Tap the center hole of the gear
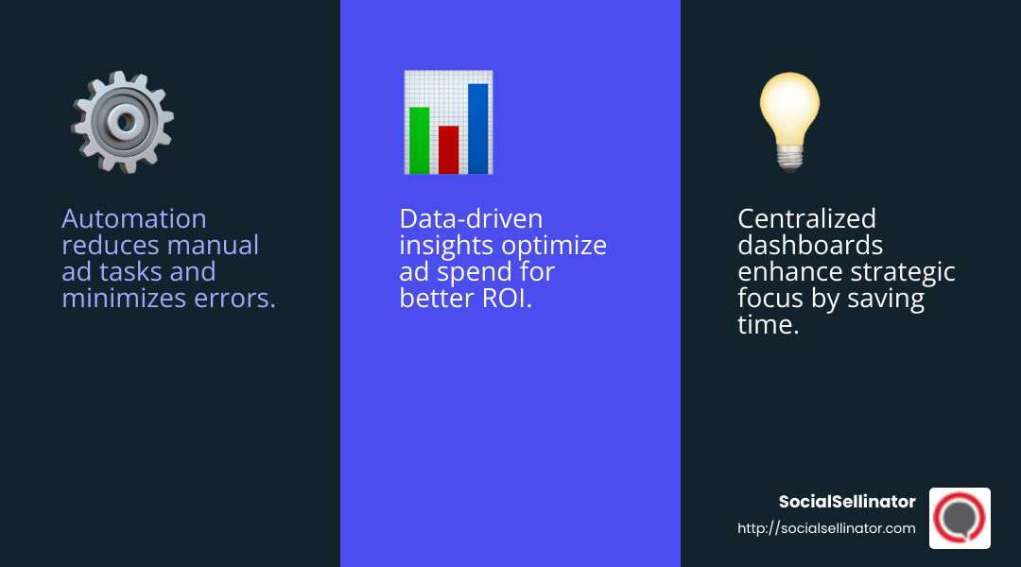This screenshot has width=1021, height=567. tap(123, 120)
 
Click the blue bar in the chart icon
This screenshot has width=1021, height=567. tap(477, 129)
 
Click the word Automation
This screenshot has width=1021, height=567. tap(133, 219)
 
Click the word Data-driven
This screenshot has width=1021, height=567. tap(471, 219)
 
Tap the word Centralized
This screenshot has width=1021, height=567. tap(806, 219)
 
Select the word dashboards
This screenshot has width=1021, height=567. tap(809, 246)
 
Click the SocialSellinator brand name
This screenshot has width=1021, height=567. tap(847, 502)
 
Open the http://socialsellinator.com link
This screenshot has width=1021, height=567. tap(826, 528)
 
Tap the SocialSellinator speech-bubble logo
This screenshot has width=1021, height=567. tap(960, 518)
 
